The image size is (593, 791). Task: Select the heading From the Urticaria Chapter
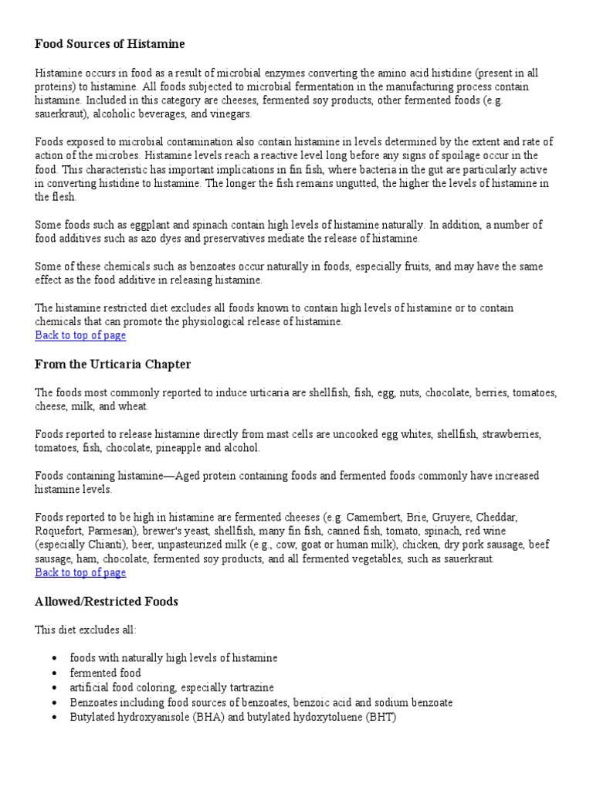[113, 364]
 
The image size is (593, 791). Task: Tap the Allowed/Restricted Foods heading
[107, 601]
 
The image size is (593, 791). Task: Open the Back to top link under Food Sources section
[80, 335]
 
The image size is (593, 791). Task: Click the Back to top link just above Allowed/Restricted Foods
[80, 572]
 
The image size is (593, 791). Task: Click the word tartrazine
[248, 687]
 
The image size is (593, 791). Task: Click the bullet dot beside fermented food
[53, 674]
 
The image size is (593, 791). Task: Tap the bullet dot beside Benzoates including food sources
[53, 703]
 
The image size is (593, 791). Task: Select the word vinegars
[229, 114]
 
